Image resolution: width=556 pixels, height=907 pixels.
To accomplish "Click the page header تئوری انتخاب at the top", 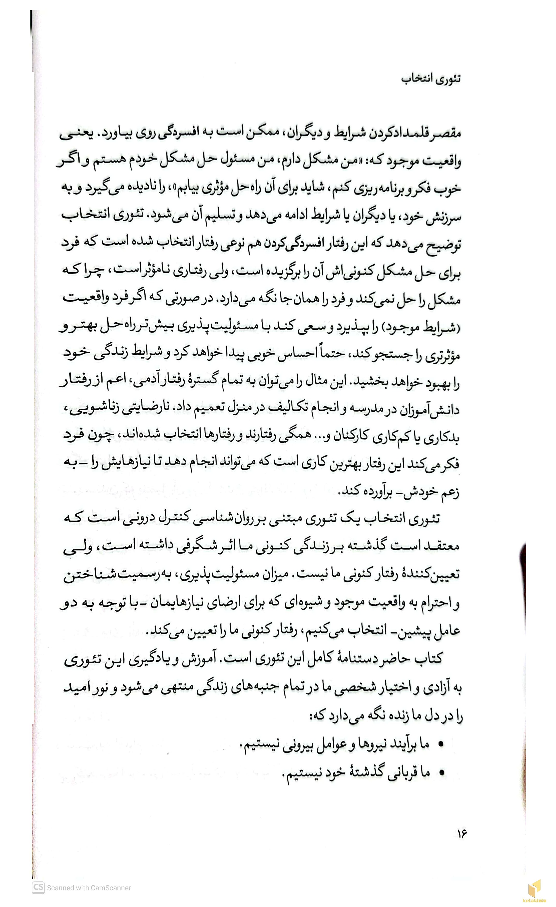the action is (x=431, y=79).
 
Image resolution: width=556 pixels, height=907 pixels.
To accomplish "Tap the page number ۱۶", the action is (x=462, y=833).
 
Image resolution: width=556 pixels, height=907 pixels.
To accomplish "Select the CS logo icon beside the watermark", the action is (x=38, y=887).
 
